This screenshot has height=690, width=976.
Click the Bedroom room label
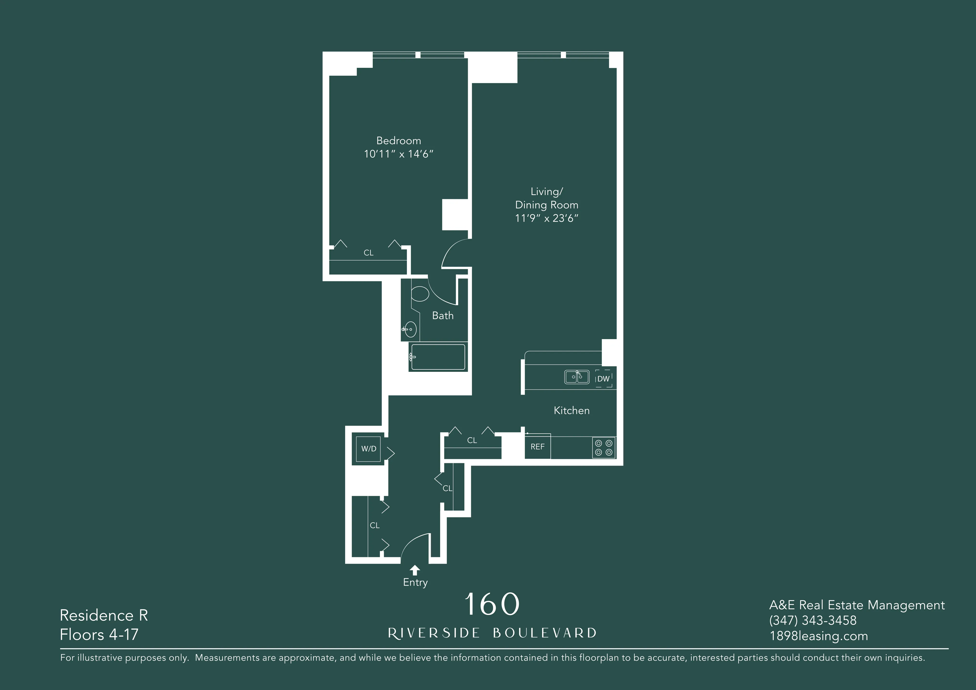click(x=398, y=141)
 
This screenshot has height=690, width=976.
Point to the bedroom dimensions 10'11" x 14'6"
click(x=398, y=154)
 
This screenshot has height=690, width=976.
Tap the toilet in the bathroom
click(x=420, y=293)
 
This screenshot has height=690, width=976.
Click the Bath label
click(x=443, y=316)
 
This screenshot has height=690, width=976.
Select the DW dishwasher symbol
click(x=603, y=378)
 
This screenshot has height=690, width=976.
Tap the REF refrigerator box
click(x=537, y=446)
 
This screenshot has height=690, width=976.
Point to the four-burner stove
click(x=604, y=448)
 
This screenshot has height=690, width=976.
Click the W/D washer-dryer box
click(x=368, y=449)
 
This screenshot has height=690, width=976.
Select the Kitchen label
click(x=571, y=410)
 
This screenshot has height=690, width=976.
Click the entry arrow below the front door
click(x=415, y=570)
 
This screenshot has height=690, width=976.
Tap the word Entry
click(x=415, y=582)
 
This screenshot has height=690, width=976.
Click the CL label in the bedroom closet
click(x=368, y=253)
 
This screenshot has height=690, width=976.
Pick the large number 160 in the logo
click(x=492, y=604)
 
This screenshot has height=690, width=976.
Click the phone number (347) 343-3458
click(x=812, y=620)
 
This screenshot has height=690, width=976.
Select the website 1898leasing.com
click(x=818, y=636)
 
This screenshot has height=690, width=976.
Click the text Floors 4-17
click(x=99, y=634)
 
